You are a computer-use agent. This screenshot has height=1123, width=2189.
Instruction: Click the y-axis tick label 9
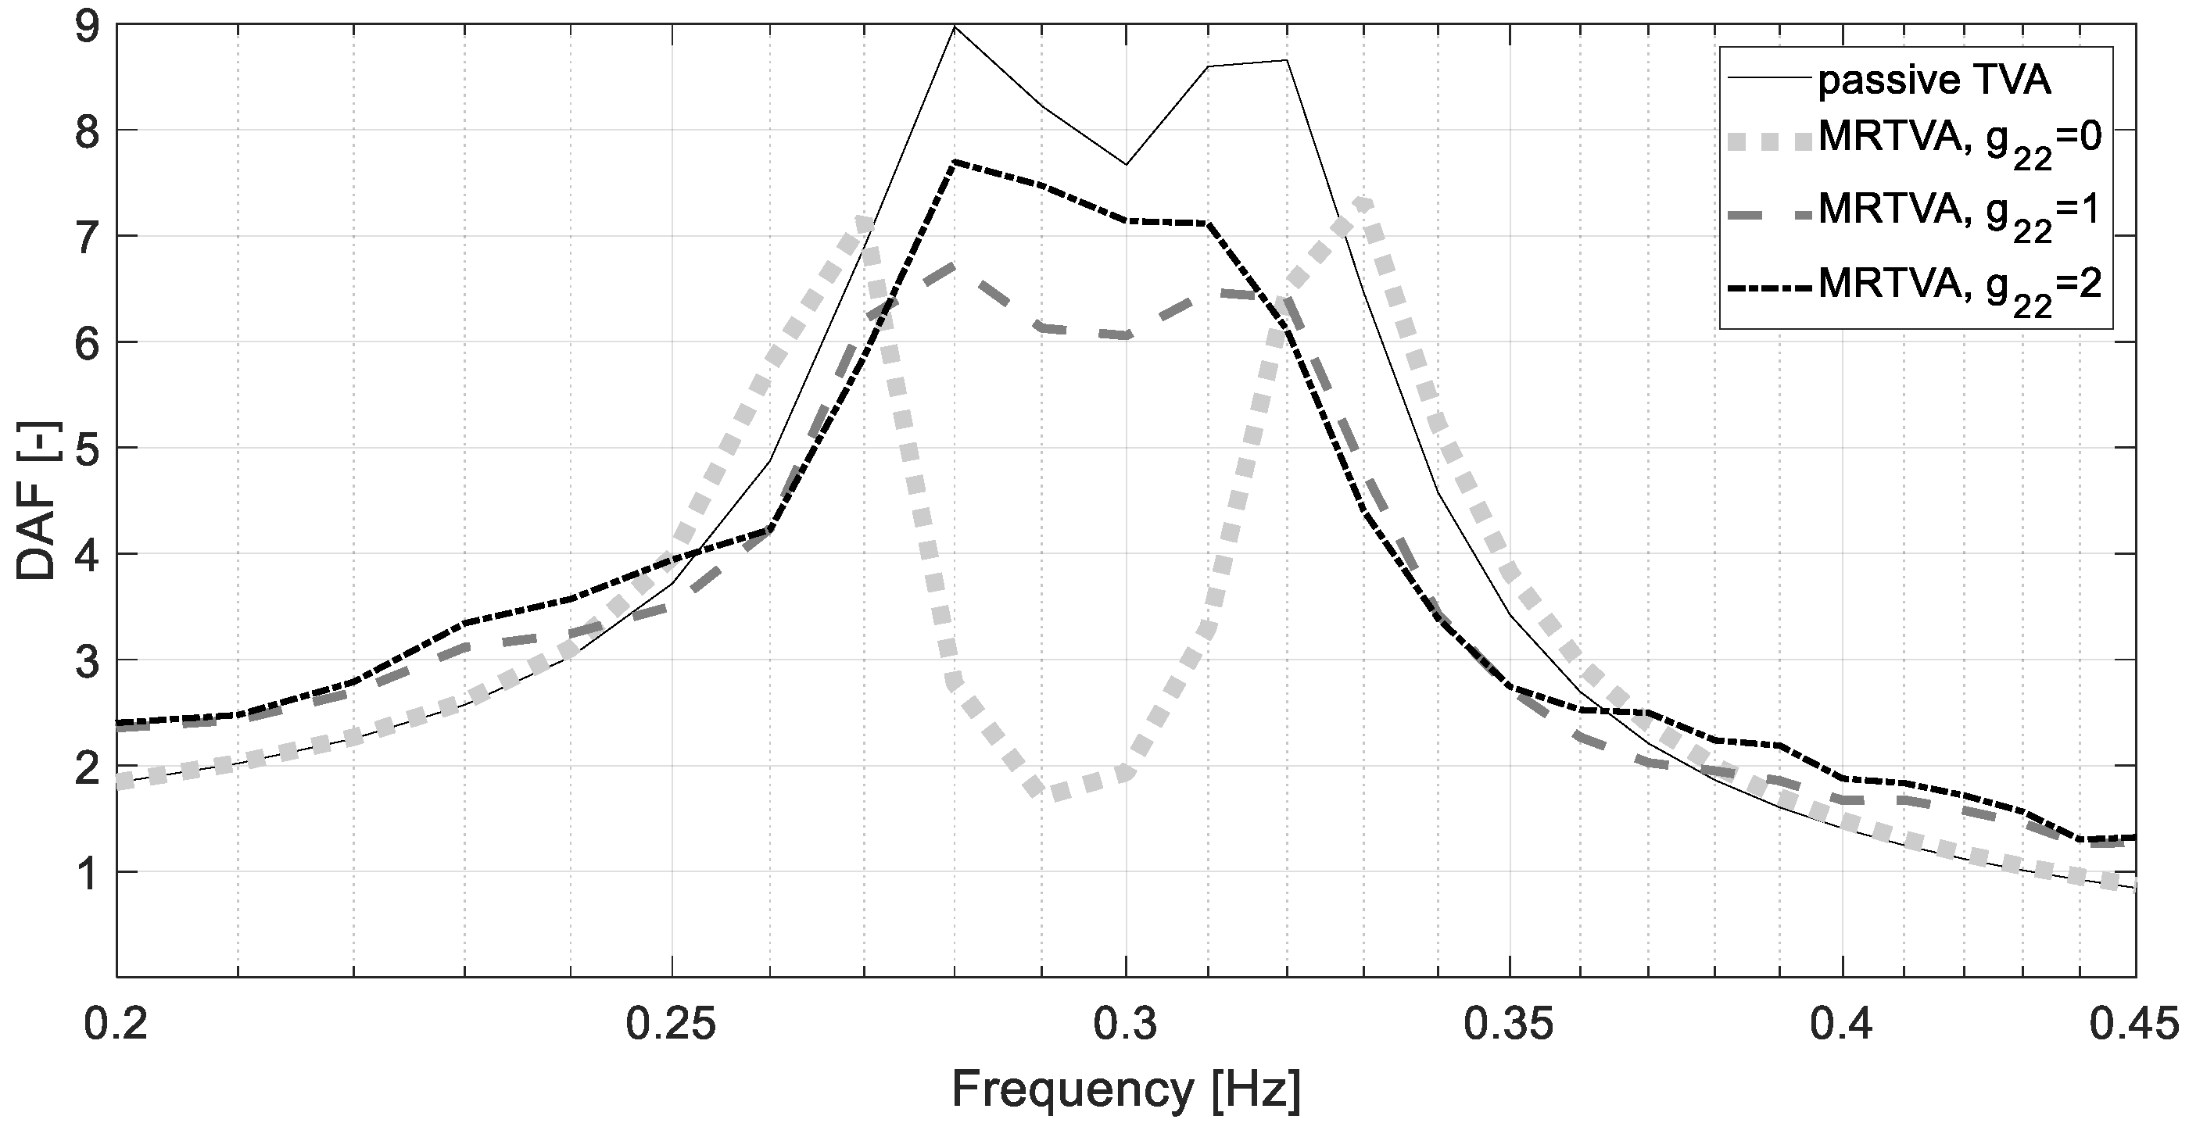click(x=88, y=28)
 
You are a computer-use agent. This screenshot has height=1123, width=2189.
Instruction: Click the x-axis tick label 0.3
click(x=1126, y=1026)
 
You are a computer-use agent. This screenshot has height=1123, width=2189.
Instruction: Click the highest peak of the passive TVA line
click(x=955, y=27)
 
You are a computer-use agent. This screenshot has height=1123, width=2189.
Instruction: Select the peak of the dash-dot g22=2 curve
click(x=955, y=162)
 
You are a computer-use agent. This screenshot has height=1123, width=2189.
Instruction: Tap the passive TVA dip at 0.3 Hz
click(x=1126, y=164)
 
